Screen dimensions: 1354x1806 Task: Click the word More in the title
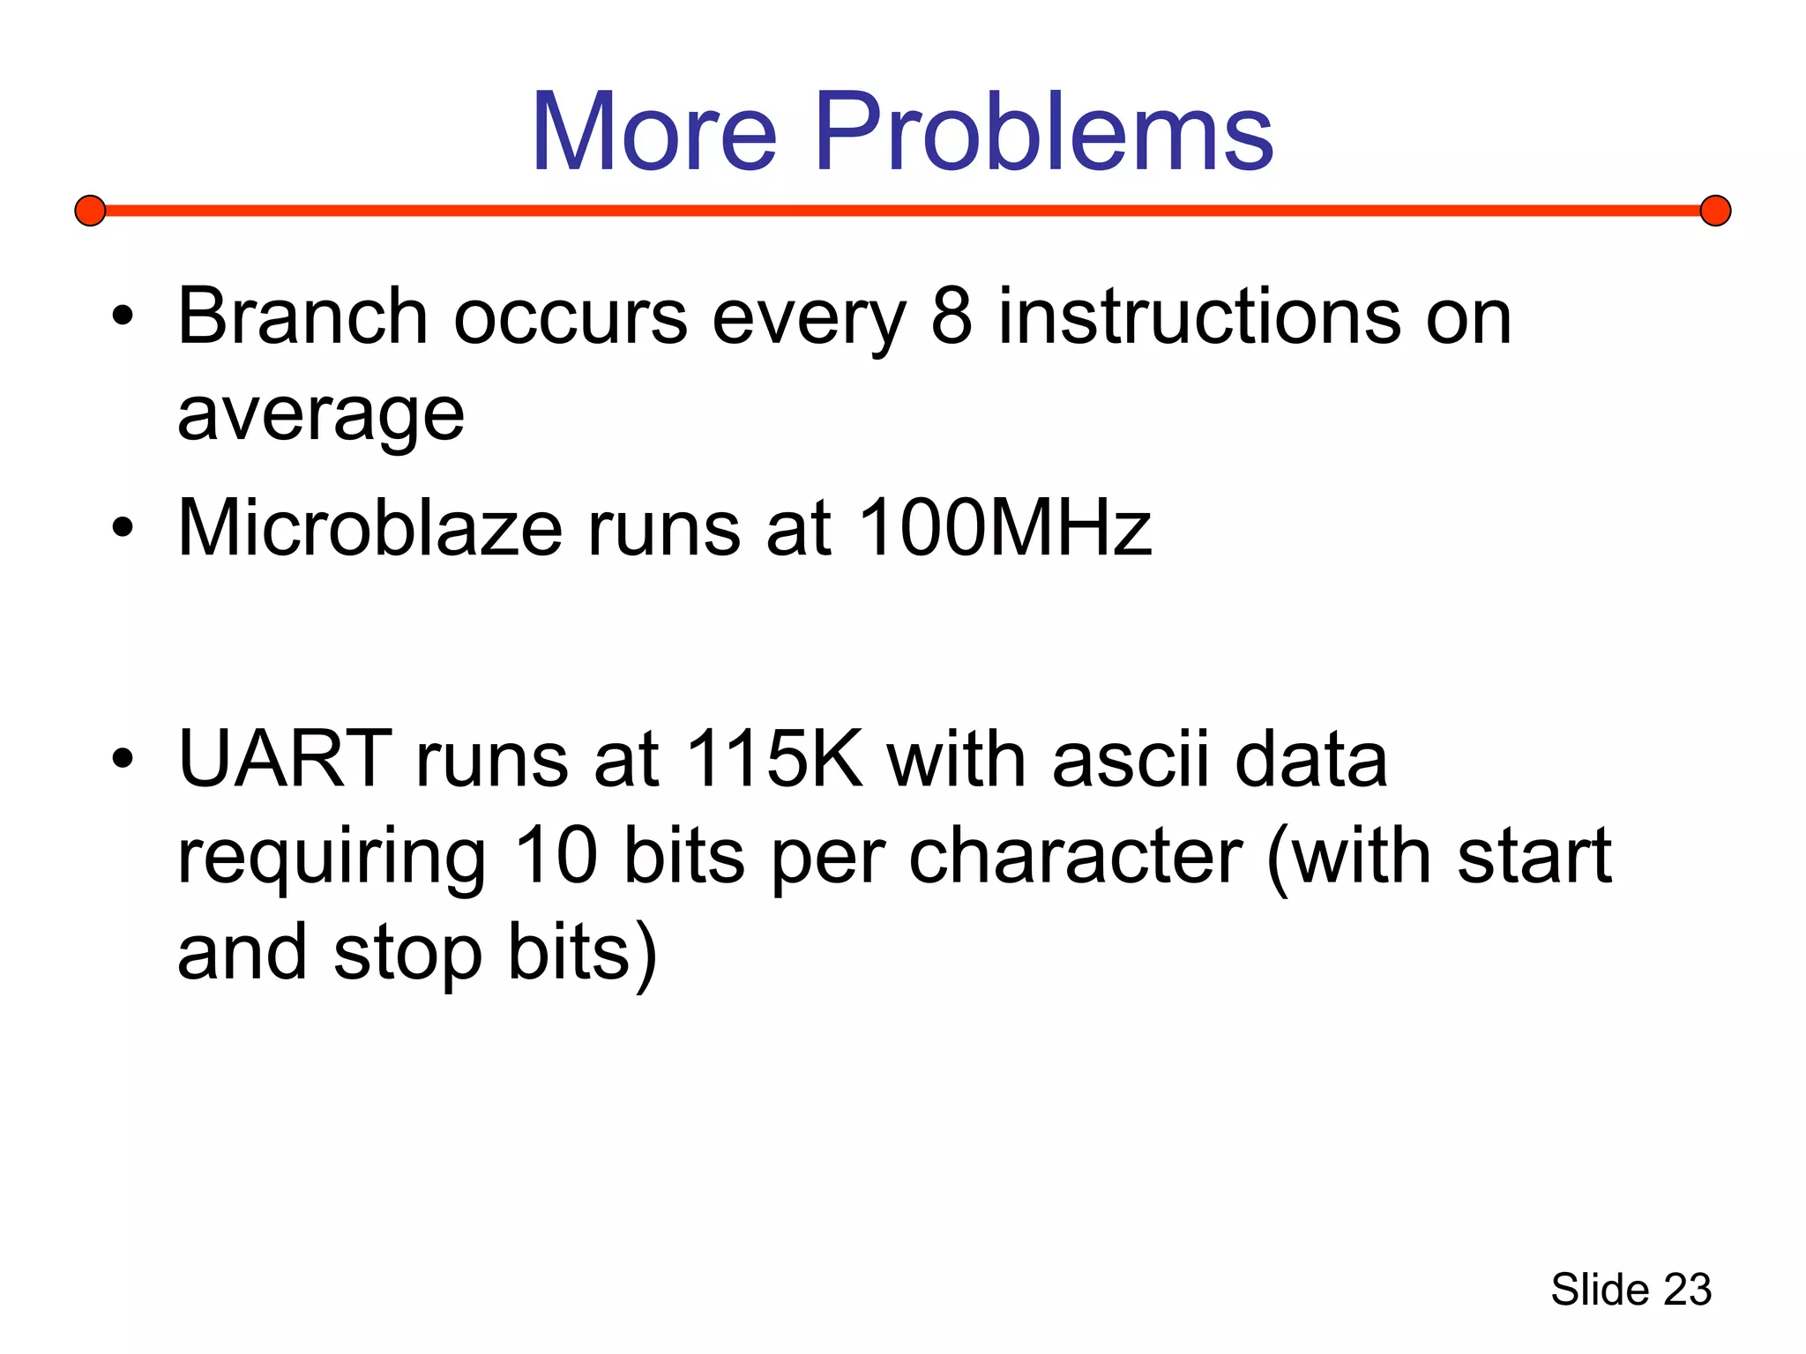654,132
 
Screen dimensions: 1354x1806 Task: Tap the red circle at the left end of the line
90,211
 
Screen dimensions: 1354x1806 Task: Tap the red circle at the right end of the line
1715,211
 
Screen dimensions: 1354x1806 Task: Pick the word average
321,414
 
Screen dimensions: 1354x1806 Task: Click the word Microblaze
369,528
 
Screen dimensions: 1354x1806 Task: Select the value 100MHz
1004,528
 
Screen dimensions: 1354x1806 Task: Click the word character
1075,857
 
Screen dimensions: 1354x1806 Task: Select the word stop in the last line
407,954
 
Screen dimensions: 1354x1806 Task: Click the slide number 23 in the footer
1686,1290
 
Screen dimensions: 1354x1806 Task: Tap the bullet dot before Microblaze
123,528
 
